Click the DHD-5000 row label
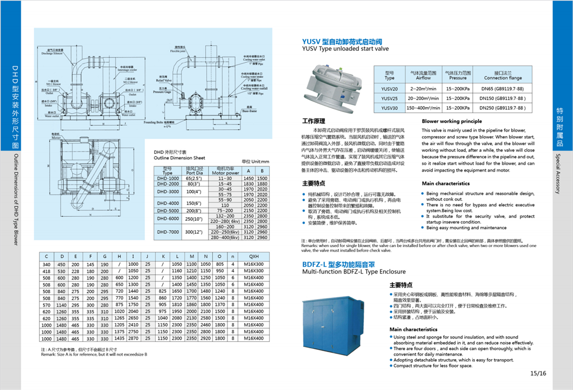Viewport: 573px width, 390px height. click(167, 210)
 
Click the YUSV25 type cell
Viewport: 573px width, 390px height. click(390, 98)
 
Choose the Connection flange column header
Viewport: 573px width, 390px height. click(503, 75)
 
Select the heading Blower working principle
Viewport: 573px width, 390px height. click(452, 121)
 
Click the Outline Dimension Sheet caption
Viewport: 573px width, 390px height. click(179, 157)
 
